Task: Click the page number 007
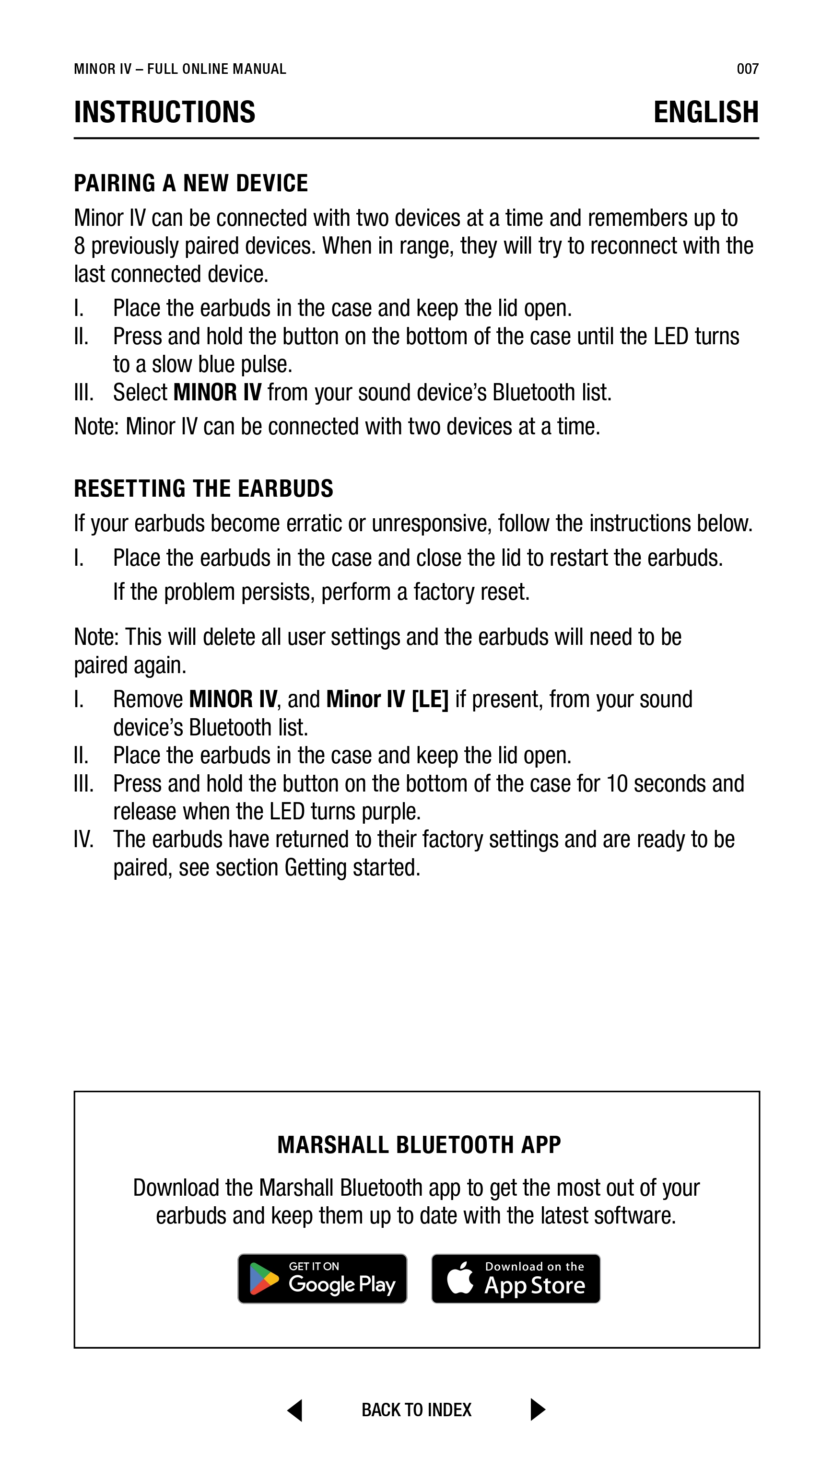[747, 69]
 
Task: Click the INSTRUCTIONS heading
[164, 112]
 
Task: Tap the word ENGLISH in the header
[705, 112]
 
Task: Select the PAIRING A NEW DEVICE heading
[191, 183]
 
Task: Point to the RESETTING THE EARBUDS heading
[203, 489]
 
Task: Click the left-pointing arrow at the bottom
[295, 1410]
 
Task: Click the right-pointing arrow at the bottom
[537, 1410]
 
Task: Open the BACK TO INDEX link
[416, 1410]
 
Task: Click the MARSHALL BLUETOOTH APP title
[419, 1145]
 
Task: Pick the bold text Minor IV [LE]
[387, 699]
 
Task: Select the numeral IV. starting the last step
[84, 839]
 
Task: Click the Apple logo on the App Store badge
[460, 1278]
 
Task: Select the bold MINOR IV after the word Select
[217, 392]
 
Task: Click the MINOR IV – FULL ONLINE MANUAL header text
[180, 69]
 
